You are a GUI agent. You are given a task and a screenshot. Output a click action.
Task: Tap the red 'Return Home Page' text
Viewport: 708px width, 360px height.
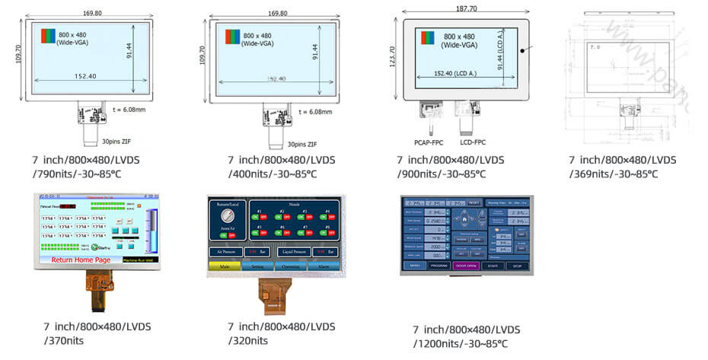point(82,260)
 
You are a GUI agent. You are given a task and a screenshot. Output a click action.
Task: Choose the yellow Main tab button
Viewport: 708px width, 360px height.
point(224,266)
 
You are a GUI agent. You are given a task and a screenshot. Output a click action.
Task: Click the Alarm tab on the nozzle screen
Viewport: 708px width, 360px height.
point(324,266)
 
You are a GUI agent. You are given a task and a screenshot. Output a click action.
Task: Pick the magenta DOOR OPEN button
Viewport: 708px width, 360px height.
point(466,266)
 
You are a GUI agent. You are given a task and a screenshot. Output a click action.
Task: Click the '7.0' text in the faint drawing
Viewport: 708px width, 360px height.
point(595,47)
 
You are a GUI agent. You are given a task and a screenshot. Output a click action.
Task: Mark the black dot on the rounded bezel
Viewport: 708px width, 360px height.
point(523,51)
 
